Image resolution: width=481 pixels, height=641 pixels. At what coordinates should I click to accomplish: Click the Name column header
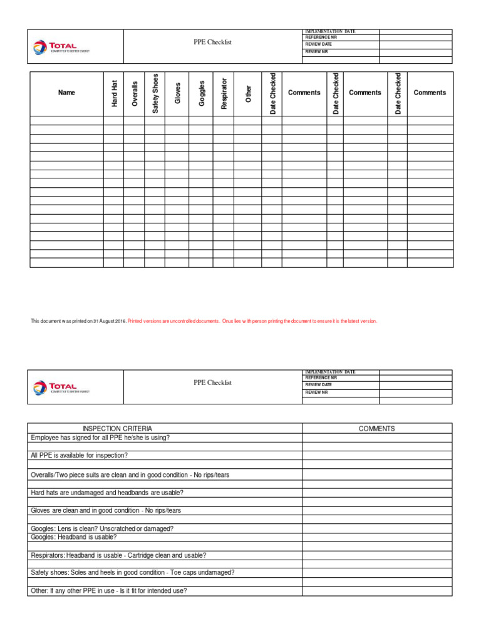tap(66, 93)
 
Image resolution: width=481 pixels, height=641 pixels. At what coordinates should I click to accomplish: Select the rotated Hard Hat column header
tap(115, 93)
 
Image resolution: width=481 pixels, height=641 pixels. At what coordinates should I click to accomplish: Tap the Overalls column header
tap(135, 93)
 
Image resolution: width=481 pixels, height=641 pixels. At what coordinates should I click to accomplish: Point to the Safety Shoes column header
tap(155, 93)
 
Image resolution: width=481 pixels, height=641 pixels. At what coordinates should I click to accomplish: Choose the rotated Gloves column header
tap(178, 93)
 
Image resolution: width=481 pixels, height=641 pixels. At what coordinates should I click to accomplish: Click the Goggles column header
tap(201, 93)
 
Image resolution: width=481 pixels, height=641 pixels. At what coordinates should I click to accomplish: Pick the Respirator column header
tap(224, 93)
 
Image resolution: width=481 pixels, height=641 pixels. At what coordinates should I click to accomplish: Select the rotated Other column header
tap(248, 93)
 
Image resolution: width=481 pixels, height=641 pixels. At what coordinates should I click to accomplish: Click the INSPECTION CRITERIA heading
tap(126, 429)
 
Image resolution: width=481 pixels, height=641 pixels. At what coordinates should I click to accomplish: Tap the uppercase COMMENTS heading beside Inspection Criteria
tap(376, 429)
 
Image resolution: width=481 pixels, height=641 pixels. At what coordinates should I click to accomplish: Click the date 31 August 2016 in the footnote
tap(110, 321)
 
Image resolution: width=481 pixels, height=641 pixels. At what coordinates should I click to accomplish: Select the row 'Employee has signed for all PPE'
tap(100, 438)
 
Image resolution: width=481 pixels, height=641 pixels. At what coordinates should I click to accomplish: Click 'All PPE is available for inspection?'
tap(79, 456)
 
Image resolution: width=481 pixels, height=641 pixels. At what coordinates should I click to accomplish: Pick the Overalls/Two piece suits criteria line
tap(130, 475)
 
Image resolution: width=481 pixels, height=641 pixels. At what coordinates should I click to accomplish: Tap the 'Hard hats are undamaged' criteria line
tap(107, 493)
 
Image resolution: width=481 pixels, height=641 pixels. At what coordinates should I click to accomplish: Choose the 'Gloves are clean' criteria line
tap(106, 511)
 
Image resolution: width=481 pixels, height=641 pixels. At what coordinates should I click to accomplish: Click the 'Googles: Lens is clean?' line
tap(102, 528)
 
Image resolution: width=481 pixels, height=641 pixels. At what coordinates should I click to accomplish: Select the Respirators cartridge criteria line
tap(118, 555)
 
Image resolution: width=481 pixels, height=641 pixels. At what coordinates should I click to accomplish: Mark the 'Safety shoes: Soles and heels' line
tap(133, 573)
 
